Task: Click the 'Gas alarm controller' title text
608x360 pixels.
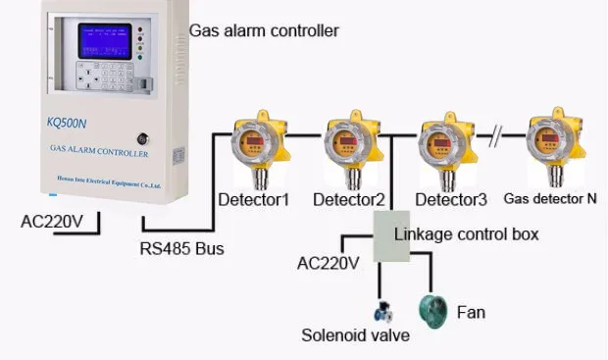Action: click(x=264, y=31)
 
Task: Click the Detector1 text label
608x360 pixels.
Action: click(x=254, y=200)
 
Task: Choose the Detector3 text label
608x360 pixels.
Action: click(x=451, y=200)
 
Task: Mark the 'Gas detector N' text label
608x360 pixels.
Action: click(x=550, y=198)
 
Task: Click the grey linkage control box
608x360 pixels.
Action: click(x=390, y=236)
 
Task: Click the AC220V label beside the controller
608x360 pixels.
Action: click(x=53, y=220)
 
